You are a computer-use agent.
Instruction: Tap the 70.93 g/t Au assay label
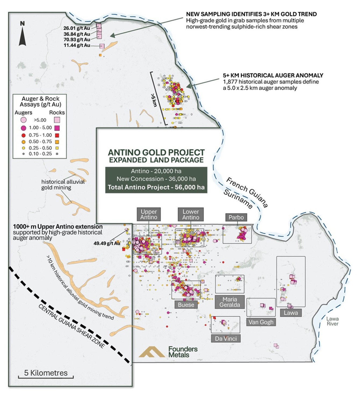click(77, 40)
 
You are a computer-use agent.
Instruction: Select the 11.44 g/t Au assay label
click(77, 45)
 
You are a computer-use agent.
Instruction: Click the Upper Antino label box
click(149, 214)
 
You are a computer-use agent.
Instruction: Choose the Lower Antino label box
click(191, 214)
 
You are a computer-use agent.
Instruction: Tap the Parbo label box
click(236, 217)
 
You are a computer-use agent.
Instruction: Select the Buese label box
click(186, 305)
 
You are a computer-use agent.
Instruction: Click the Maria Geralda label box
click(229, 302)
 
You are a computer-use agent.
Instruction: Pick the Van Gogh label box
click(261, 322)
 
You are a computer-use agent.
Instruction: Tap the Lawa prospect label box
click(291, 313)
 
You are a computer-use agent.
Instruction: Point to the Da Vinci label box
click(226, 339)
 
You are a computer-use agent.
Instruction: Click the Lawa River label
click(332, 321)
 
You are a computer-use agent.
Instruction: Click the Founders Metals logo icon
click(152, 352)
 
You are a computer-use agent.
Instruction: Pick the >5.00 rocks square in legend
click(57, 120)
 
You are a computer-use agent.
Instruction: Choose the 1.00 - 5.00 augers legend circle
click(24, 128)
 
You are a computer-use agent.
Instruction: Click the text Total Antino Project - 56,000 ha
click(156, 187)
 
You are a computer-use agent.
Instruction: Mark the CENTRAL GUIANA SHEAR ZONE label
click(71, 326)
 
